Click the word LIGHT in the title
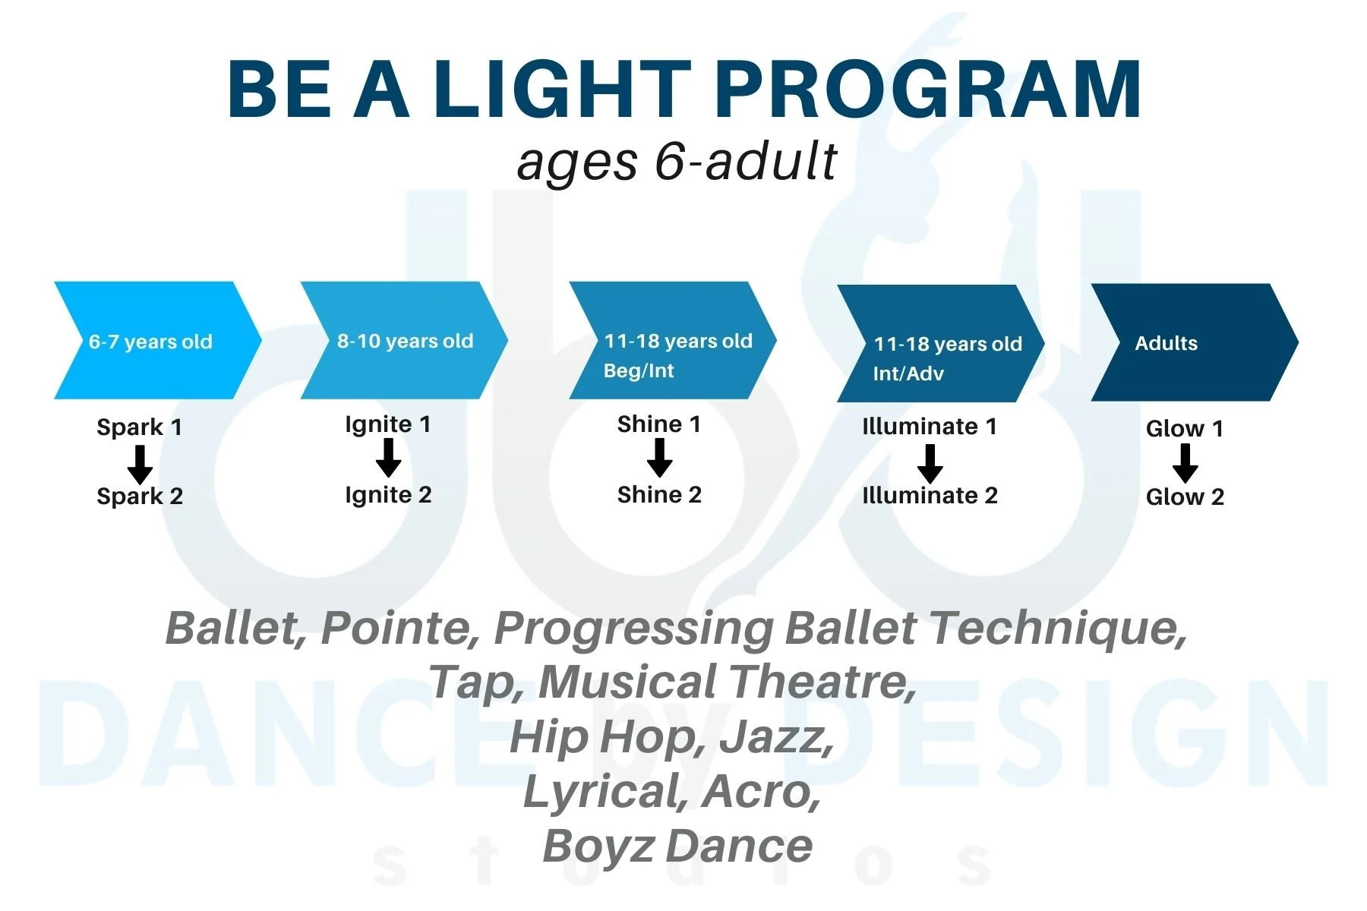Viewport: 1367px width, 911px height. click(562, 90)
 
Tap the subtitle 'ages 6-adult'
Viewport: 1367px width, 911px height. click(676, 161)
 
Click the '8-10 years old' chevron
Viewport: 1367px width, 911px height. click(404, 341)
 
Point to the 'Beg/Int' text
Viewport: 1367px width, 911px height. click(639, 370)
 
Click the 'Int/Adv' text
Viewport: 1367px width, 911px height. click(908, 374)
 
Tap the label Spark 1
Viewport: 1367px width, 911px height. click(140, 427)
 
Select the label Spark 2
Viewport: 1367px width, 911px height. click(140, 496)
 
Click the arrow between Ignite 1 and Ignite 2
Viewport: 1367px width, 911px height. click(389, 459)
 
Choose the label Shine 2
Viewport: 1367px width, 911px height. click(659, 495)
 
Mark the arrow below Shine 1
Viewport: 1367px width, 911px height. click(659, 459)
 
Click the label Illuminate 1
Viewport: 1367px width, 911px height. click(930, 427)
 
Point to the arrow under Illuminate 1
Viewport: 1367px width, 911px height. click(930, 463)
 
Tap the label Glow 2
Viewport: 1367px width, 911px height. click(1185, 497)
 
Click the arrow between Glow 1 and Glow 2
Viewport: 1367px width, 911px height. click(1185, 463)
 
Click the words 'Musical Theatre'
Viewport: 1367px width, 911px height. click(725, 682)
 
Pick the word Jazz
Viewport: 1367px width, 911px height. click(776, 736)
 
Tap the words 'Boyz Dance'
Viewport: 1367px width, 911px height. click(677, 846)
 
